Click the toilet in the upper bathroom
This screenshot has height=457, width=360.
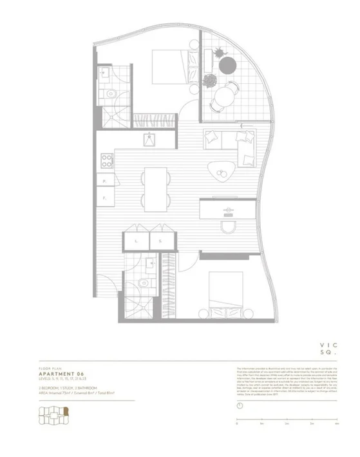click(111, 95)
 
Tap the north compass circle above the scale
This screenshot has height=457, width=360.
click(240, 406)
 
